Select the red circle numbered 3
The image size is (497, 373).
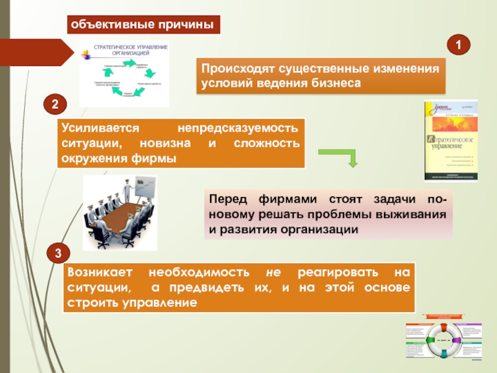58,254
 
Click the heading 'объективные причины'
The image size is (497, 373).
145,25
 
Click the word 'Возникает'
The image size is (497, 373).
100,274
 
